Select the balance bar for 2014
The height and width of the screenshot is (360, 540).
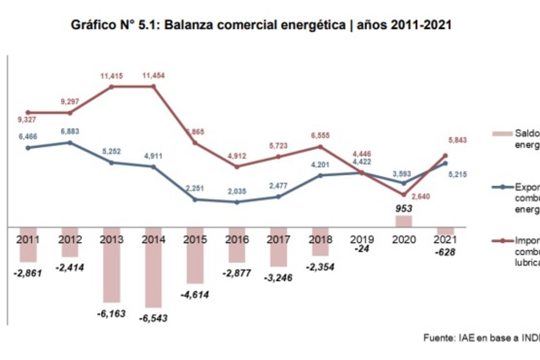[x=153, y=268]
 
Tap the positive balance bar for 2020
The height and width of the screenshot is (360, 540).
[x=403, y=221]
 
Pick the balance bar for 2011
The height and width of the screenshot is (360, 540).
[x=28, y=245]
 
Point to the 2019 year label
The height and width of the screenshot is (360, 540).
[x=361, y=238]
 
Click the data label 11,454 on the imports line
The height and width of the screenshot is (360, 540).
[x=154, y=76]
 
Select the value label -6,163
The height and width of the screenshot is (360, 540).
[x=112, y=313]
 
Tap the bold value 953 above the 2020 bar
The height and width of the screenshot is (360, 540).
[x=403, y=209]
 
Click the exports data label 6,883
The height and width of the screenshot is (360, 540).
[x=70, y=132]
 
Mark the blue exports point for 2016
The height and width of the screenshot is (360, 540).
[x=236, y=202]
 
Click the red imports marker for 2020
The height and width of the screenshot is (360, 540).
[x=403, y=194]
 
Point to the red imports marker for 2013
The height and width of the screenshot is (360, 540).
[x=112, y=86]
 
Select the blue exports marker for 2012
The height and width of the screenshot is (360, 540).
[x=70, y=142]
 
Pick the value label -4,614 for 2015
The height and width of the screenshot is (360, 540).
[x=195, y=294]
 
